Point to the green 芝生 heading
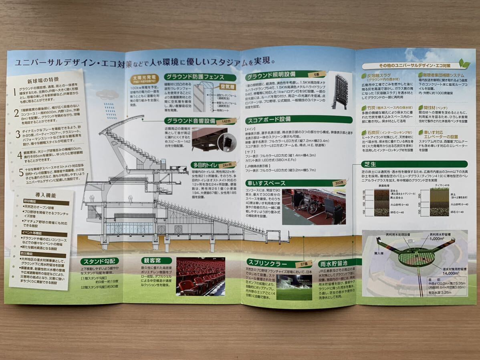point(369,164)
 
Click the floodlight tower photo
point(340,91)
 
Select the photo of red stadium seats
point(200,277)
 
